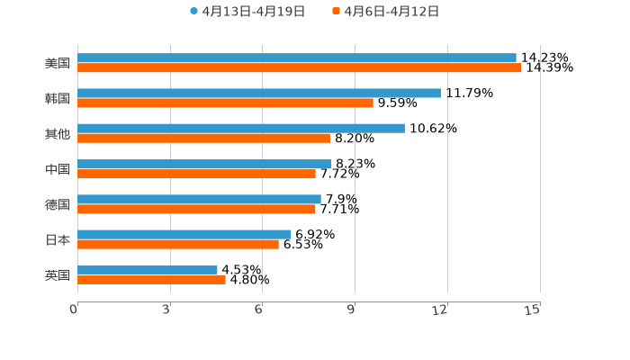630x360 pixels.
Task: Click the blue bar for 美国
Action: point(297,58)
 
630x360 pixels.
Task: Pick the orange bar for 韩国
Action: point(225,103)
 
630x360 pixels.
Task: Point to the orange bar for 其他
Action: point(203,138)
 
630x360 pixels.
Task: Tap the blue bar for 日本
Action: point(184,234)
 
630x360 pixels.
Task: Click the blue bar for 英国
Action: point(148,269)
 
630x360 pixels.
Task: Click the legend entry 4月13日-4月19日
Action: point(247,12)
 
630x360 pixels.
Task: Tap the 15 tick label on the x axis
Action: point(533,310)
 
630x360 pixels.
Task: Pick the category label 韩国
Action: point(58,98)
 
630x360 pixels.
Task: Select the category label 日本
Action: point(58,239)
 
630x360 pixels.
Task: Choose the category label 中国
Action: point(58,169)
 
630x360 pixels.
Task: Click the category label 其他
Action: point(58,133)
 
